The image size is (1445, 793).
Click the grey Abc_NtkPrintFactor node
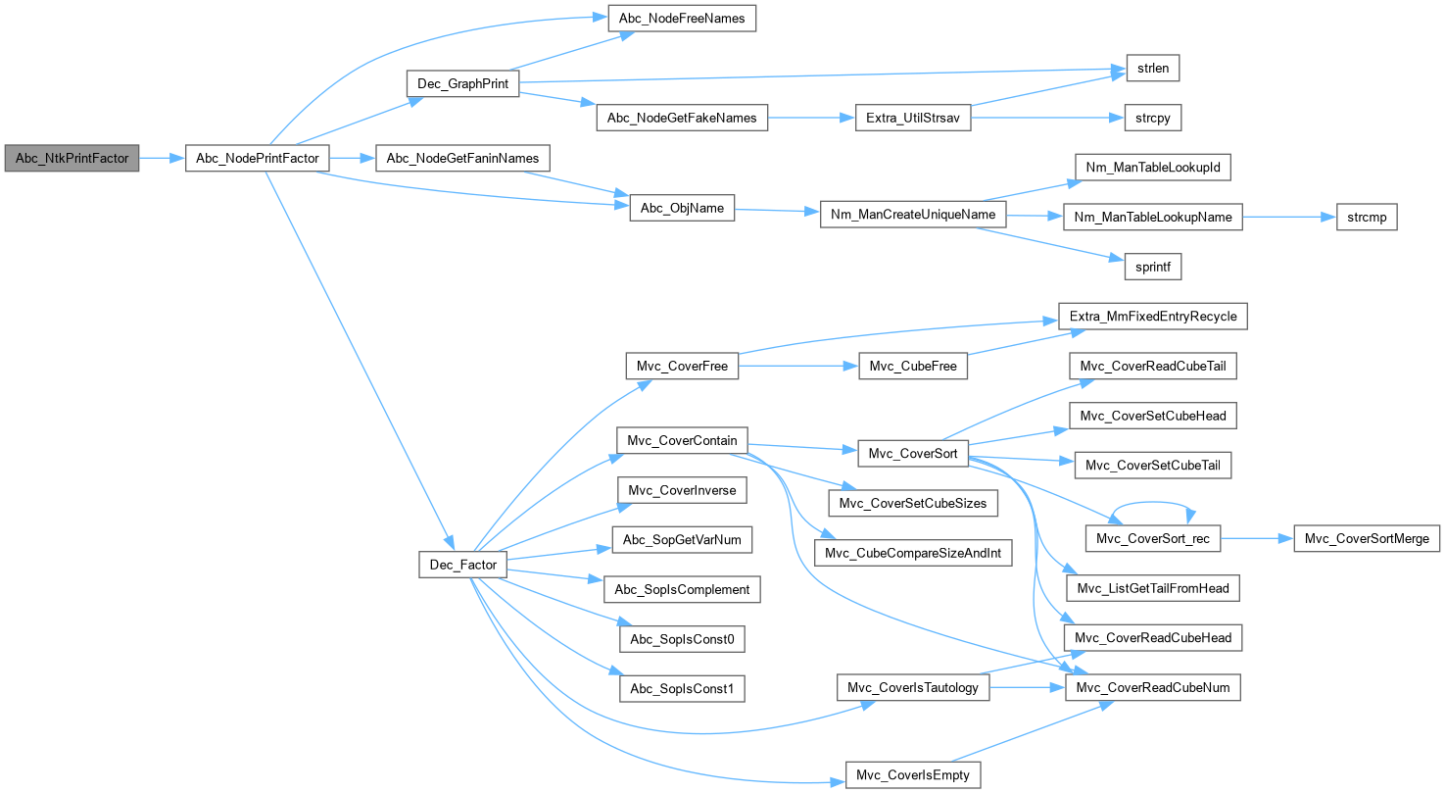pyautogui.click(x=72, y=158)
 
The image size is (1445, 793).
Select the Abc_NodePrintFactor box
pyautogui.click(x=258, y=158)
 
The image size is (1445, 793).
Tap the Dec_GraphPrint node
pyautogui.click(x=462, y=83)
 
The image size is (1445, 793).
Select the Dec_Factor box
pyautogui.click(x=463, y=565)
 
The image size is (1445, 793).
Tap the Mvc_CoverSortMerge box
pyautogui.click(x=1367, y=538)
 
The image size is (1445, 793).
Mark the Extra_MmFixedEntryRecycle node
pyautogui.click(x=1153, y=317)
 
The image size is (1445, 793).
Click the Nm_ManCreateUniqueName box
pyautogui.click(x=913, y=215)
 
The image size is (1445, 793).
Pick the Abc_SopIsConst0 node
pyautogui.click(x=682, y=639)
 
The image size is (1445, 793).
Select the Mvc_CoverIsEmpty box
pyautogui.click(x=912, y=774)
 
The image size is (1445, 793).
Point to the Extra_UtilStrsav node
pyautogui.click(x=912, y=118)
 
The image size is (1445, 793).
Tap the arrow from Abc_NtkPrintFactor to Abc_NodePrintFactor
pyautogui.click(x=163, y=158)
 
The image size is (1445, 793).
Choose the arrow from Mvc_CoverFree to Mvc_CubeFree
pyautogui.click(x=798, y=367)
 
